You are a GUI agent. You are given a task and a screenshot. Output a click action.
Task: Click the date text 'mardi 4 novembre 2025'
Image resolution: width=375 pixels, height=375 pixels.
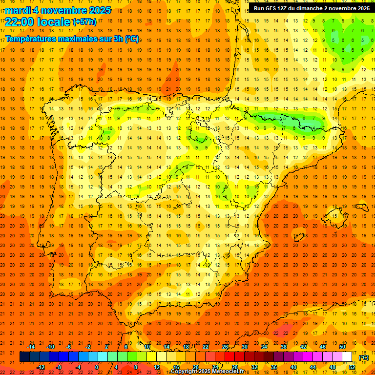[58, 10]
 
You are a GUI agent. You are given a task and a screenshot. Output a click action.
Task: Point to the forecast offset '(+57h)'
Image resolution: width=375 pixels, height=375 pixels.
[84, 22]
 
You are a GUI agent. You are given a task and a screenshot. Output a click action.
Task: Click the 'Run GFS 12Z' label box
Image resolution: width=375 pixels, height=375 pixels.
[311, 8]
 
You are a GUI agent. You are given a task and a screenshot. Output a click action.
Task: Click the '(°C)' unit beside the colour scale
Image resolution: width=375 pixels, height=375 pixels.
[364, 357]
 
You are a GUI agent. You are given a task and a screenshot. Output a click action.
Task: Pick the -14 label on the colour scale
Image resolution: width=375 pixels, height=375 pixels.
[31, 347]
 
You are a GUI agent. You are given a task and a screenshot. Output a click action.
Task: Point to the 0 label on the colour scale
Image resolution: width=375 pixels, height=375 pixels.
[97, 367]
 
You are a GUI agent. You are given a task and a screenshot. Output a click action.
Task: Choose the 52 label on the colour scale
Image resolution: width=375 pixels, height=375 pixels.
[352, 367]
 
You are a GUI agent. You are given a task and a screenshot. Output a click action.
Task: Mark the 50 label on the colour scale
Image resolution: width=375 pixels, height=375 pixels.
[342, 347]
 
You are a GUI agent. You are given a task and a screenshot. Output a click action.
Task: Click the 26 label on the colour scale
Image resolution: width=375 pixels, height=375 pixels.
[225, 347]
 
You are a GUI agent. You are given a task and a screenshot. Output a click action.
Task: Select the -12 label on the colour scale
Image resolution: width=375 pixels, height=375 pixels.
[41, 367]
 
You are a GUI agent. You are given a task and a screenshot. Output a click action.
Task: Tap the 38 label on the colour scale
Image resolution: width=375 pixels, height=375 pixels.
[284, 347]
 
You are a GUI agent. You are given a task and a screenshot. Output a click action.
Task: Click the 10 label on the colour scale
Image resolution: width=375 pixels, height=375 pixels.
[147, 347]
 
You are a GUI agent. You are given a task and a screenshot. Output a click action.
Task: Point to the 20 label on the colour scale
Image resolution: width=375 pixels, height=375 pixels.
[196, 367]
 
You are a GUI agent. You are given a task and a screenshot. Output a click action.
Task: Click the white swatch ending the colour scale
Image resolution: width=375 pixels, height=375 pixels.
[347, 357]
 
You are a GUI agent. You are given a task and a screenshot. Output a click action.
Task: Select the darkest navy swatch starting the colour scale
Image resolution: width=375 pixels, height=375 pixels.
[24, 357]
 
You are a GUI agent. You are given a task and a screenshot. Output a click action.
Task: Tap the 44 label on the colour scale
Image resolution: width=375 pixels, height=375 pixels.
[313, 367]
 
